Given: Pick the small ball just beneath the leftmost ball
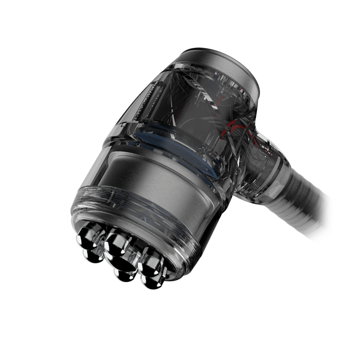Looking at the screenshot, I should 91,255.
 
